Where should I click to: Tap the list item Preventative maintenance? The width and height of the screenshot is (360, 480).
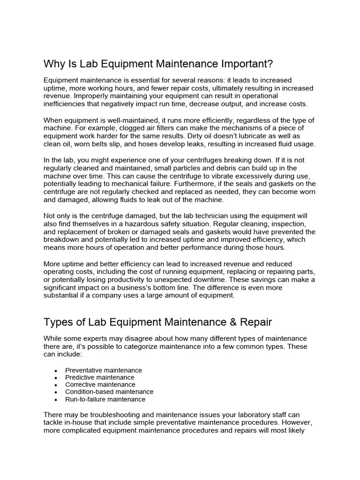pos(104,370)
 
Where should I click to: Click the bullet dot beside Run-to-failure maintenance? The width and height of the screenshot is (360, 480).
pos(56,400)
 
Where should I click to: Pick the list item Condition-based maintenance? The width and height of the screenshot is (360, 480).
pos(109,392)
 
